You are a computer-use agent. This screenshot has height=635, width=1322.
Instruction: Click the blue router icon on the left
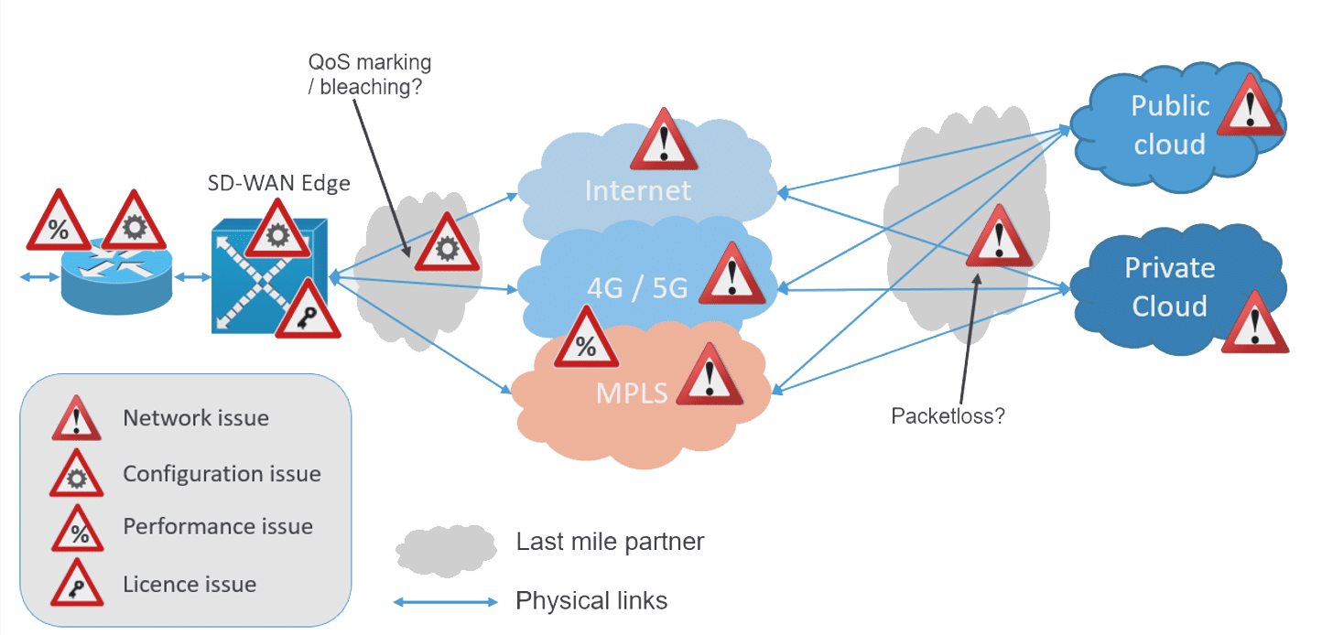116,280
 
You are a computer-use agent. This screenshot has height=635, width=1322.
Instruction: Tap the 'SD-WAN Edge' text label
278,183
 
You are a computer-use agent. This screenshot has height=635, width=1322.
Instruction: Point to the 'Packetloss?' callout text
948,416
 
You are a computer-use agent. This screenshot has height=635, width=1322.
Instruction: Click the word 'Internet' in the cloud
637,190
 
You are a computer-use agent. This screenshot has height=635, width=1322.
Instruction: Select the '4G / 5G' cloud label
636,288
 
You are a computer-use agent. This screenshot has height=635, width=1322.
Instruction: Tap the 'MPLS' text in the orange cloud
632,393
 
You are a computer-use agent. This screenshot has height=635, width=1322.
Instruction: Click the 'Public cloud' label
1169,124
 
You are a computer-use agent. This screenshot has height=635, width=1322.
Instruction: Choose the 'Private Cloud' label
1169,286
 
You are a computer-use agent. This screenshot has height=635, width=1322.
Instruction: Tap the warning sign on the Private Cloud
1254,324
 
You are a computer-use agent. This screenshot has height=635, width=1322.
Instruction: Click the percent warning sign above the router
58,224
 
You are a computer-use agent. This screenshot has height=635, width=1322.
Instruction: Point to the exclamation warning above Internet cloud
665,142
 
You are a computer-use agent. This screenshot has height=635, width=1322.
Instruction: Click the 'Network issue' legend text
196,419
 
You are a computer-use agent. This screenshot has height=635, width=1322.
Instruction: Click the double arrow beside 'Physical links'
446,602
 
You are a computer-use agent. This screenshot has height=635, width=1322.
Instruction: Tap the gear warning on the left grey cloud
447,244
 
